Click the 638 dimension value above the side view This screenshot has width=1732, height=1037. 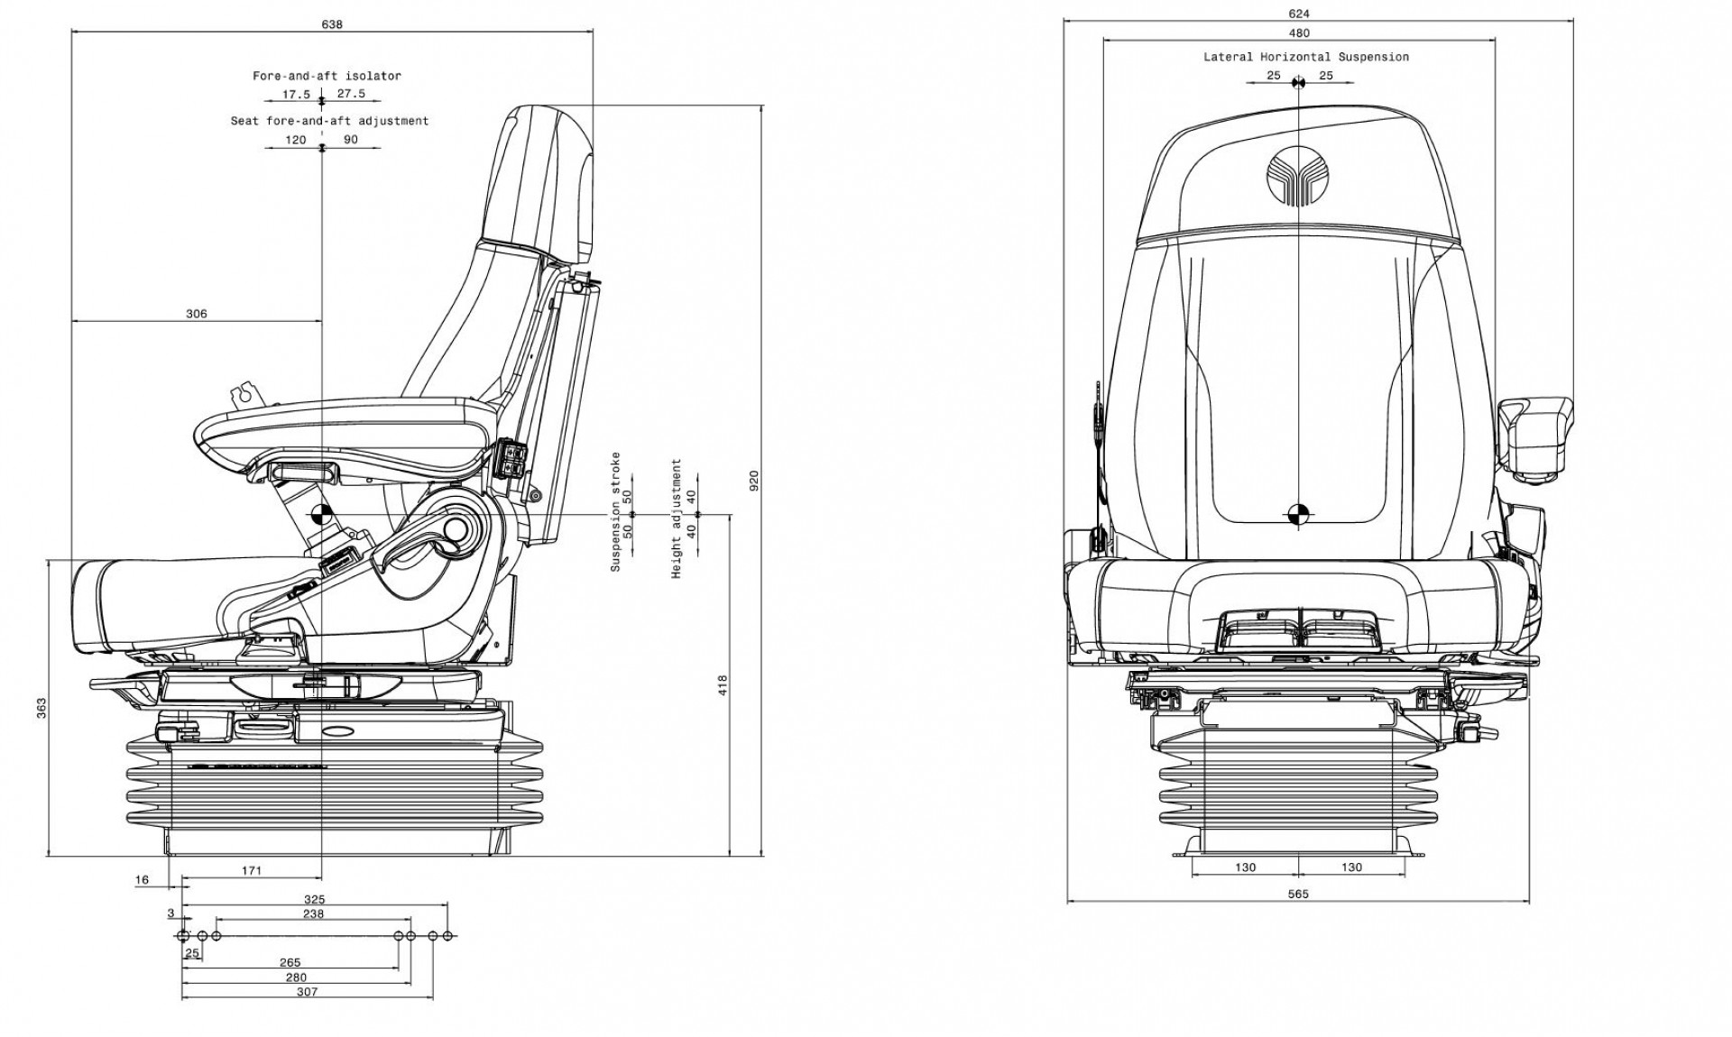332,24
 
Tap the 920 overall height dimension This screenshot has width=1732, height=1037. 755,481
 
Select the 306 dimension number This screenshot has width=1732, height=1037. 196,314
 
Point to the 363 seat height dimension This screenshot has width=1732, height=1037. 41,708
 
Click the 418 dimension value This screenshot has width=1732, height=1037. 722,684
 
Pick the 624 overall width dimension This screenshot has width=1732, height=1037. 1298,14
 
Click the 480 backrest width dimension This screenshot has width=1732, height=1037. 1298,33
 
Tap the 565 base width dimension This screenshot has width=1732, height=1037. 1297,895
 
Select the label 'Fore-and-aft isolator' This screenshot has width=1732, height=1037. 327,76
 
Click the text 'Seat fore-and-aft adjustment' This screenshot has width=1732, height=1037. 329,121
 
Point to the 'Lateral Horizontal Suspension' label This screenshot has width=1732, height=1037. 1305,57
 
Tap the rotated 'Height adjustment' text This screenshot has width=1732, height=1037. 677,518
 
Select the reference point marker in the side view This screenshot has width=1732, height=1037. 320,516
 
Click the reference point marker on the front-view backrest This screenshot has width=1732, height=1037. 1298,514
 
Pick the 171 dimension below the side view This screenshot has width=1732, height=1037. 252,870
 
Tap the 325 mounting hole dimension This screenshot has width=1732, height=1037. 314,899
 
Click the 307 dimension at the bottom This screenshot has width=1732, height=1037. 307,992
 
